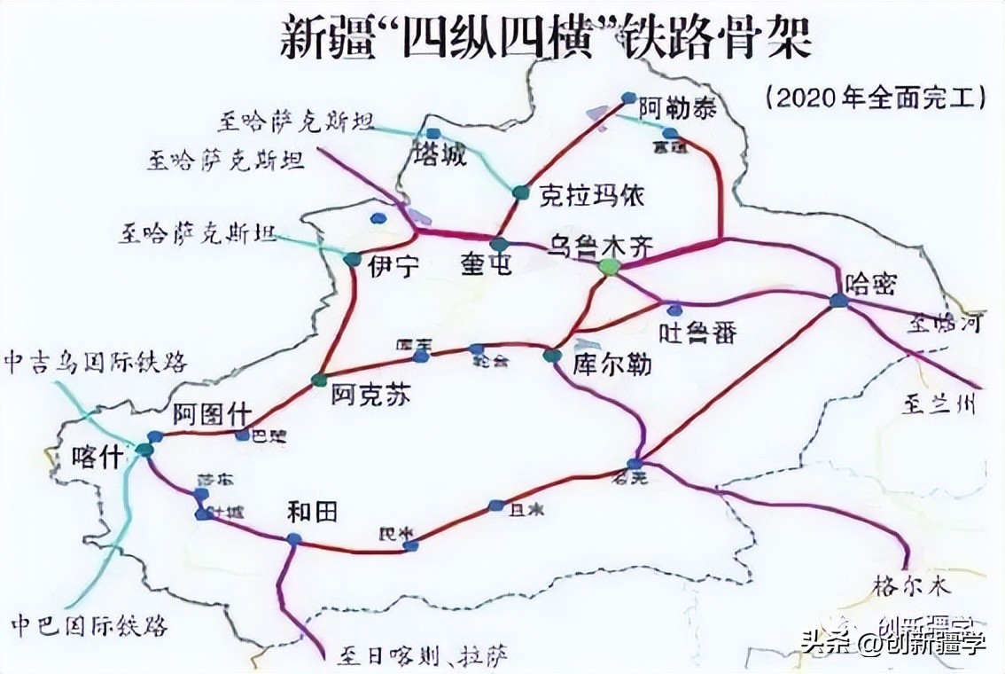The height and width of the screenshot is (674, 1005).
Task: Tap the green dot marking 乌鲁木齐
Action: (x=608, y=266)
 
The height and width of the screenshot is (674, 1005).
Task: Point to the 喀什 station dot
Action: (x=144, y=450)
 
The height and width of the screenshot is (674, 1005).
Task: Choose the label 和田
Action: (x=313, y=512)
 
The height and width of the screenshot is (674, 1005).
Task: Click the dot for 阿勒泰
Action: (x=628, y=98)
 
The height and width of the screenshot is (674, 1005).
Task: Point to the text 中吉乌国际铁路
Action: (x=96, y=362)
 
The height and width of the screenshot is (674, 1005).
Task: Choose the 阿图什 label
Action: (x=212, y=414)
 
